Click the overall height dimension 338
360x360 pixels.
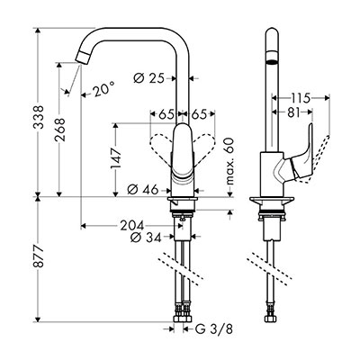point(39,117)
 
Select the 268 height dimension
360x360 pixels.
point(59,130)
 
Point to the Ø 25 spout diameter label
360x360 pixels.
point(149,78)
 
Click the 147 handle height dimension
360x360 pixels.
point(116,158)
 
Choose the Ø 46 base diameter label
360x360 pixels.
point(143,190)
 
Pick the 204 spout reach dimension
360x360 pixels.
point(132,226)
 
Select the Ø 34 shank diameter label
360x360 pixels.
point(146,238)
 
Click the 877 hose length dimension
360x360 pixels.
point(39,257)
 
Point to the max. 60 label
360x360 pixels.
point(229,161)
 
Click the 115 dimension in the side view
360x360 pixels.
point(300,98)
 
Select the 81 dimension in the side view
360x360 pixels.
point(293,112)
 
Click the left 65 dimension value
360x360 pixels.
point(166,114)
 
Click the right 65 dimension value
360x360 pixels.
point(199,114)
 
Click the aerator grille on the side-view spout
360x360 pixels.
point(272,62)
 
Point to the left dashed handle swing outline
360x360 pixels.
point(160,148)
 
